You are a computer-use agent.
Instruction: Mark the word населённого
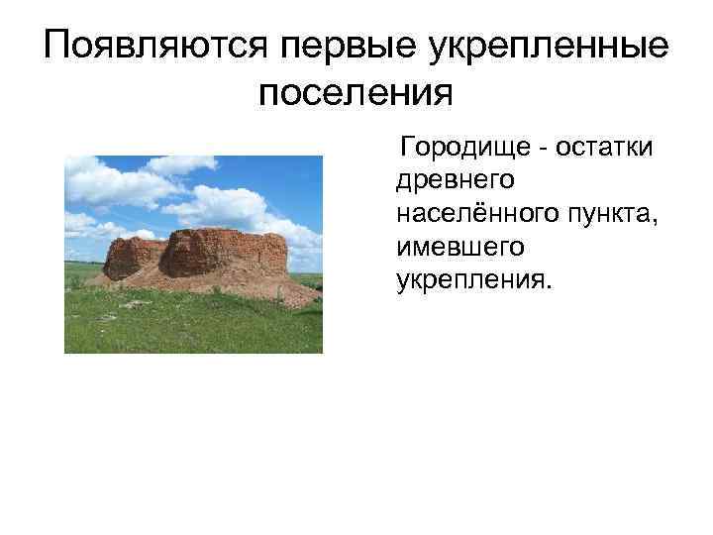[x=474, y=213]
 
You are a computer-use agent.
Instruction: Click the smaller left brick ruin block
[x=131, y=257]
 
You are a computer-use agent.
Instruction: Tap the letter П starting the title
[x=57, y=47]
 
